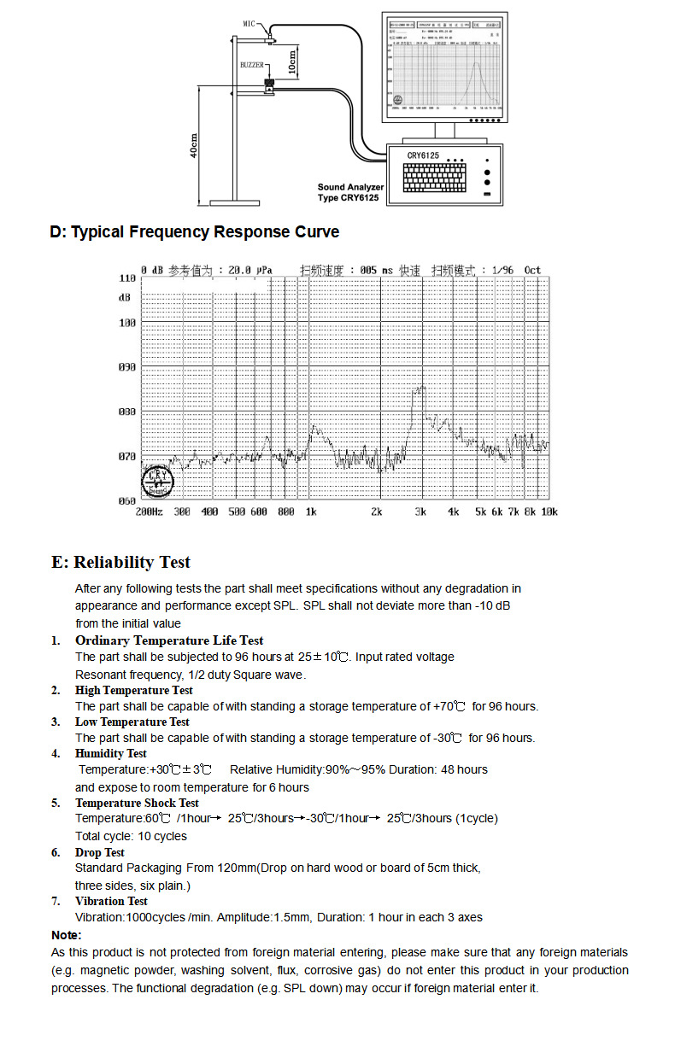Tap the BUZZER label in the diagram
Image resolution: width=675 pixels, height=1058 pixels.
click(252, 65)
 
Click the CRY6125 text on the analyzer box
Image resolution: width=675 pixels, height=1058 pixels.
click(422, 155)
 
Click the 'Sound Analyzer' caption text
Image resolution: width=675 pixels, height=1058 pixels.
click(350, 187)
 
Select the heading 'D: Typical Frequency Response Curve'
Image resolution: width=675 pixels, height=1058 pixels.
click(195, 232)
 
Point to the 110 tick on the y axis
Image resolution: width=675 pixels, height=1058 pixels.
click(126, 279)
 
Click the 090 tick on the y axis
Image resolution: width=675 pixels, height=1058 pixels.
click(126, 368)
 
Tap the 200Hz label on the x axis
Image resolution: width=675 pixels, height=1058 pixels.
click(149, 512)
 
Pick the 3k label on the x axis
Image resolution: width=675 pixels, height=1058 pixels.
click(420, 512)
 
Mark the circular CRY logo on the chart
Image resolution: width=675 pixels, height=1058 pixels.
click(157, 481)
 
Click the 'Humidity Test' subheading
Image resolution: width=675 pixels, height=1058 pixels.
click(110, 753)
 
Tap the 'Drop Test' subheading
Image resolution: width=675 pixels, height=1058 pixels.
click(99, 852)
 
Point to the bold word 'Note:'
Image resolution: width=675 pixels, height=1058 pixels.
click(67, 935)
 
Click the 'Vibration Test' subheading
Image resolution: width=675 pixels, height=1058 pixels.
click(111, 901)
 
